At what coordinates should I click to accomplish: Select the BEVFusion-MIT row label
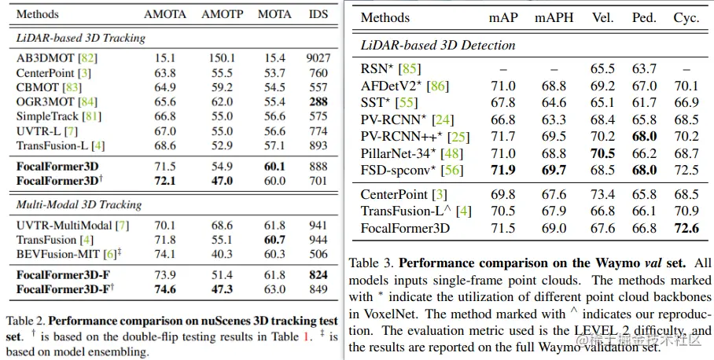[x=58, y=254]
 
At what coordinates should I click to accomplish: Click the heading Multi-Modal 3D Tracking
[x=79, y=204]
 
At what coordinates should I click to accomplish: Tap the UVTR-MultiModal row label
[x=64, y=226]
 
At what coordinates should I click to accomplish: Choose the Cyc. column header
[x=686, y=18]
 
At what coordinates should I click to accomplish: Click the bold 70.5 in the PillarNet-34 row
[x=602, y=154]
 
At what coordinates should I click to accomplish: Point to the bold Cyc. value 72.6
[x=686, y=228]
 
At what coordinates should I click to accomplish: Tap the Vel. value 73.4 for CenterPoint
[x=602, y=194]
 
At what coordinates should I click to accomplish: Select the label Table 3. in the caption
[x=374, y=263]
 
